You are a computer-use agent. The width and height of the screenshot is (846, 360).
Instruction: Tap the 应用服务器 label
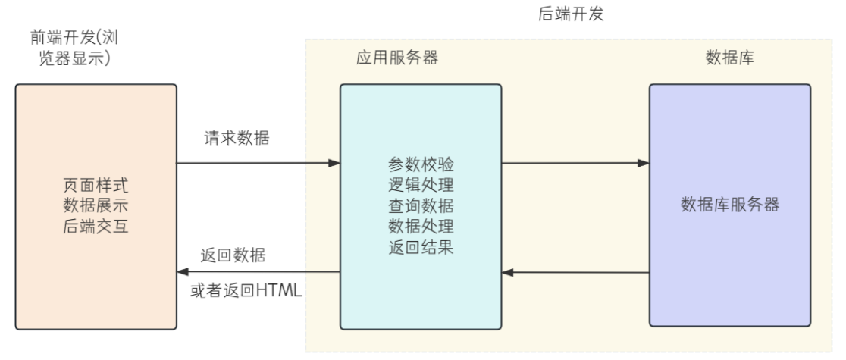[396, 58]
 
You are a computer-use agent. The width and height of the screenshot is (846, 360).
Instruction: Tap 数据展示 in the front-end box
[96, 205]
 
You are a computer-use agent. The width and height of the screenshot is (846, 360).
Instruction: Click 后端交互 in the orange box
[96, 224]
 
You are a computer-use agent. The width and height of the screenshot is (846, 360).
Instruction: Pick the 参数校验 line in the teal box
[421, 164]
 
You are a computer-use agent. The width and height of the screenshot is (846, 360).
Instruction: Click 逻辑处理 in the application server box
[421, 185]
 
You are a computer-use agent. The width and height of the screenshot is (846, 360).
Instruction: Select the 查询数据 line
[421, 205]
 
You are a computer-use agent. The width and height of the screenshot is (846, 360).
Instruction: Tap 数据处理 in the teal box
[421, 226]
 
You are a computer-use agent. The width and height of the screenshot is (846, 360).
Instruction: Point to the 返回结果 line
[421, 246]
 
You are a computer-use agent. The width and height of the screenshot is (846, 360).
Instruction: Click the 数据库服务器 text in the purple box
[730, 205]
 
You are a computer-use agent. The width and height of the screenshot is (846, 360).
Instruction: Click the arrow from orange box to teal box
[258, 162]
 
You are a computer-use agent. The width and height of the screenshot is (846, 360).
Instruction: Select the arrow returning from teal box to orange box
[258, 271]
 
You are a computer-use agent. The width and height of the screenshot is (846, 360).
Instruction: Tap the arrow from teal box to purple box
[575, 162]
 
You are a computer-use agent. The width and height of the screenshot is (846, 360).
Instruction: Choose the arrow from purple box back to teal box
[575, 271]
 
